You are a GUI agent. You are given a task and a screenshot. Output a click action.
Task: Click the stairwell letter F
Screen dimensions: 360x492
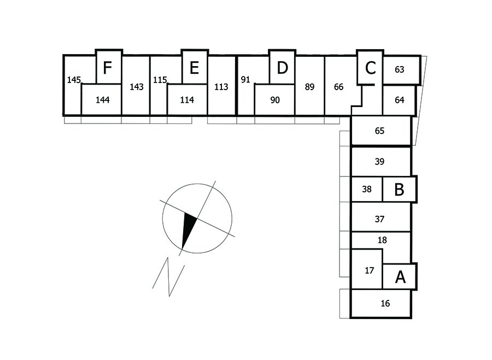pos(108,68)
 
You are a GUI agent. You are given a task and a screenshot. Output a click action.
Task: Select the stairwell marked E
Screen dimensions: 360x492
pos(194,68)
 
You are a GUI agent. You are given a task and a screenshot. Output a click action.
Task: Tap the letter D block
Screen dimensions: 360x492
pos(282,68)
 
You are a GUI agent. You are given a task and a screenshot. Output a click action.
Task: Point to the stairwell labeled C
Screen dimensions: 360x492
pos(370,68)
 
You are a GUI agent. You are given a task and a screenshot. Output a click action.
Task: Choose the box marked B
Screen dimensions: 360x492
pos(400,190)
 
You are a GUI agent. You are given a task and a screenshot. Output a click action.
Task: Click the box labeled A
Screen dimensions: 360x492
pos(400,277)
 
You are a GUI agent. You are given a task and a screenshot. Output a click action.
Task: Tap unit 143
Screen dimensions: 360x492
pos(137,86)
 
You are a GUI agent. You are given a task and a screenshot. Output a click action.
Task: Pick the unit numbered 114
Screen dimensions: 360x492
pos(187,100)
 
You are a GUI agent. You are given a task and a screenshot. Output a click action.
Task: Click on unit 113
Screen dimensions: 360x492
pos(221,86)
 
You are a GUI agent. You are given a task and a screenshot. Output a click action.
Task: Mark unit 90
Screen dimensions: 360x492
pos(275,100)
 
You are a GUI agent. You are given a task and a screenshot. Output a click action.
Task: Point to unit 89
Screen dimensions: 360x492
pos(310,86)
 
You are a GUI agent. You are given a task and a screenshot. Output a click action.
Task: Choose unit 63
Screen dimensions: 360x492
pos(400,69)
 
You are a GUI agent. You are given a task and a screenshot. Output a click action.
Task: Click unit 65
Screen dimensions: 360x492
pos(380,131)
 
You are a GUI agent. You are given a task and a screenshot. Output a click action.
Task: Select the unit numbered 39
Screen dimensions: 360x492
pos(380,161)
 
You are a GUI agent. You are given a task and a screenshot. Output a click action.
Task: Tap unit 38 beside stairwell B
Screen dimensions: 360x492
pos(366,190)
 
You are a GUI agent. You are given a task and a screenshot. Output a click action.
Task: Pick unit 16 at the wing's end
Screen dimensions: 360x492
pos(385,303)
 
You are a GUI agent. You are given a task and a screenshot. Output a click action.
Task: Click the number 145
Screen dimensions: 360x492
pos(74,80)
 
